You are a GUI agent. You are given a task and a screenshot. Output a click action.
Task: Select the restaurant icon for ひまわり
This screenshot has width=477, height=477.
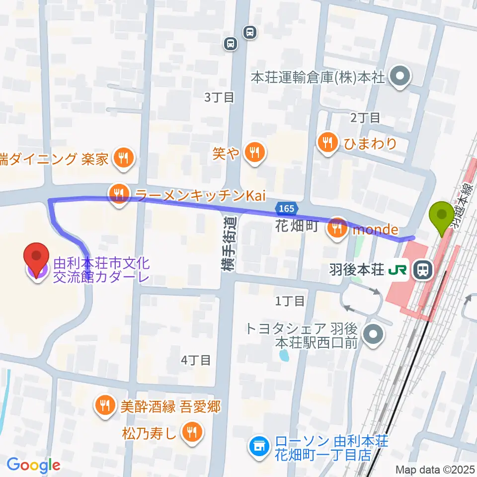click(x=327, y=144)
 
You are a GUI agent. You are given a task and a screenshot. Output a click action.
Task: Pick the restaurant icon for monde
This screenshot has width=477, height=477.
click(x=338, y=230)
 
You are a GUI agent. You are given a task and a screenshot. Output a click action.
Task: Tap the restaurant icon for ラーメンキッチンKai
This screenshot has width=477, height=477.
click(x=119, y=195)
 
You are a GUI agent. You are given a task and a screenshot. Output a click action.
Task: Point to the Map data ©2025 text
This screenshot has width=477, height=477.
click(x=435, y=469)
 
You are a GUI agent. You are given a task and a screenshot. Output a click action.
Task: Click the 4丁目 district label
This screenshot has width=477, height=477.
click(x=196, y=360)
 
